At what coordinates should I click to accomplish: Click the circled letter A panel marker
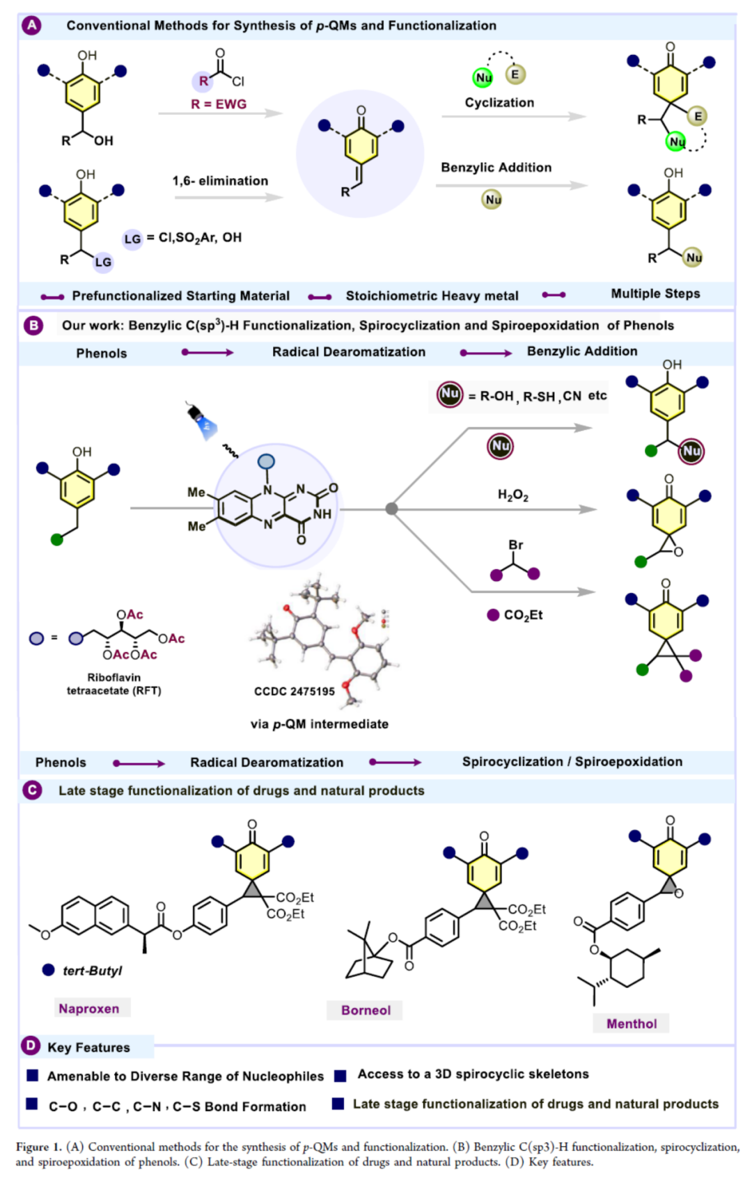[x=31, y=26]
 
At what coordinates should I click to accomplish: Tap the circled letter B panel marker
[x=33, y=325]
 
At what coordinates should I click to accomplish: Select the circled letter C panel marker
[x=32, y=790]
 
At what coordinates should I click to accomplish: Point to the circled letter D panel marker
[x=31, y=1046]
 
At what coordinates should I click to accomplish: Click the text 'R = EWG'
[x=219, y=104]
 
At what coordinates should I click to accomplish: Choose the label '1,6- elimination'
[x=220, y=181]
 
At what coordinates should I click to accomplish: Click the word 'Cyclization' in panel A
[x=499, y=102]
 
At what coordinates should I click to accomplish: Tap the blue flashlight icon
[x=203, y=421]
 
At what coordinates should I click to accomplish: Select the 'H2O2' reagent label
[x=512, y=495]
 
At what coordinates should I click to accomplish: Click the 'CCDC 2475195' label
[x=294, y=691]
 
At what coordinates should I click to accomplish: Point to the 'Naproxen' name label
[x=89, y=1008]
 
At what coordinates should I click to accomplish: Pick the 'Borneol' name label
[x=366, y=1010]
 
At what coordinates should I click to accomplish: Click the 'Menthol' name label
[x=631, y=1024]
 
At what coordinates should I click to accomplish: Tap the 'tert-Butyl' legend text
[x=92, y=971]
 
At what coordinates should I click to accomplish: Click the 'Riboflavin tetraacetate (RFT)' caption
[x=113, y=684]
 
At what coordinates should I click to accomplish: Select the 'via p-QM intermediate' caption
[x=320, y=724]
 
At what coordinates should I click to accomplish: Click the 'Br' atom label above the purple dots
[x=515, y=545]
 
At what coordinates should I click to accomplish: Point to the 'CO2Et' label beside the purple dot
[x=523, y=615]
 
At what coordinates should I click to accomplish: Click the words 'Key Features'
[x=88, y=1047]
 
